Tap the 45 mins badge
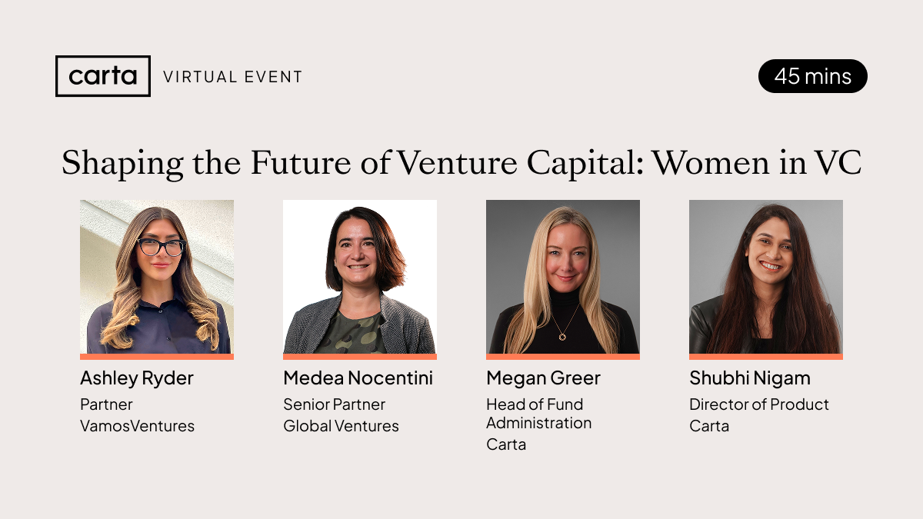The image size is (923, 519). pyautogui.click(x=812, y=76)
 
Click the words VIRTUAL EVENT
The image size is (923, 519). pyautogui.click(x=233, y=77)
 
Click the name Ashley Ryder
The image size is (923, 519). pyautogui.click(x=137, y=379)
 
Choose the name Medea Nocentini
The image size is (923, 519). pyautogui.click(x=358, y=378)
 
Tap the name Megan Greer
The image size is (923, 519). pyautogui.click(x=544, y=379)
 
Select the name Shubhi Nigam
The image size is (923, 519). pyautogui.click(x=750, y=379)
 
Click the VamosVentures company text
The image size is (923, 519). pyautogui.click(x=137, y=426)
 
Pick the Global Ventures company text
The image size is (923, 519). pyautogui.click(x=342, y=426)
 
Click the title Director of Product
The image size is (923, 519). pyautogui.click(x=759, y=404)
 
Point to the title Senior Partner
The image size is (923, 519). pyautogui.click(x=334, y=404)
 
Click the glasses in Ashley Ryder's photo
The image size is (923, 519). pyautogui.click(x=162, y=247)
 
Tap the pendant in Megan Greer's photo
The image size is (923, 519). pyautogui.click(x=562, y=337)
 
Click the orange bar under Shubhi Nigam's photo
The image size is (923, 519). pyautogui.click(x=766, y=357)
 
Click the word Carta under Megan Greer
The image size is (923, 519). pyautogui.click(x=506, y=444)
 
